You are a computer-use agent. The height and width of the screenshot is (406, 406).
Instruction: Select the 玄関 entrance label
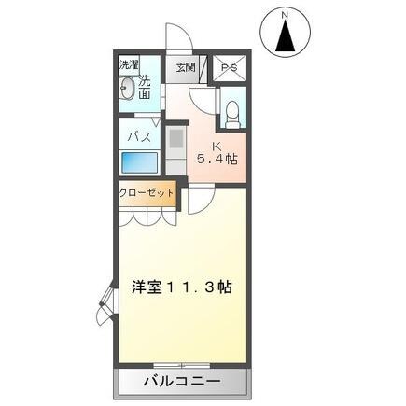(184, 67)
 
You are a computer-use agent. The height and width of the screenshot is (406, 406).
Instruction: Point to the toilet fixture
(231, 111)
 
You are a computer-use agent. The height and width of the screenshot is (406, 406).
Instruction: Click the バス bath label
(138, 133)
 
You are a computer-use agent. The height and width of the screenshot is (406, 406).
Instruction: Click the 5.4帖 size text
(216, 160)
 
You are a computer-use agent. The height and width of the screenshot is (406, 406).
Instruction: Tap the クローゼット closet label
(147, 193)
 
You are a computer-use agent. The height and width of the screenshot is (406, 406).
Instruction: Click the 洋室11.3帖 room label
(181, 287)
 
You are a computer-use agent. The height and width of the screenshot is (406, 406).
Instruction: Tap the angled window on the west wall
(106, 306)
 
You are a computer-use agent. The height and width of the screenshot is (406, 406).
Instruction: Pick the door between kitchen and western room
(201, 199)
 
